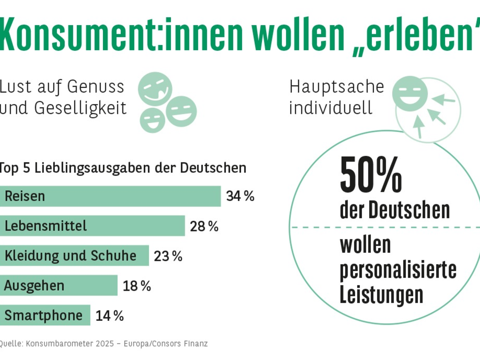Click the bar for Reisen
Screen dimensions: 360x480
coord(110,196)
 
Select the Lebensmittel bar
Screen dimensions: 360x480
coord(92,226)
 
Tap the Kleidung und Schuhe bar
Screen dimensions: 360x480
coord(74,256)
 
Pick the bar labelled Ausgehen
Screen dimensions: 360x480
coord(58,285)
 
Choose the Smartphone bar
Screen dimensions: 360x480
coord(45,315)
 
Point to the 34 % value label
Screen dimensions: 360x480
coord(240,196)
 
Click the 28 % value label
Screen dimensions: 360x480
coord(204,226)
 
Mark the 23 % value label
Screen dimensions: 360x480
coord(168,256)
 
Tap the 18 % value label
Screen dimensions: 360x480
coord(137,286)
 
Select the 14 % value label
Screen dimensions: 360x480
coord(110,316)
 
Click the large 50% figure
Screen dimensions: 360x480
coord(370,175)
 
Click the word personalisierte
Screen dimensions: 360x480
coord(398,270)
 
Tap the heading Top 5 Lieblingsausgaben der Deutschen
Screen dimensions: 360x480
coord(122,168)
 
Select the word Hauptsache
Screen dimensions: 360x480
coord(336,86)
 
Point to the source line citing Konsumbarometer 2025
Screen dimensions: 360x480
coord(103,344)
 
